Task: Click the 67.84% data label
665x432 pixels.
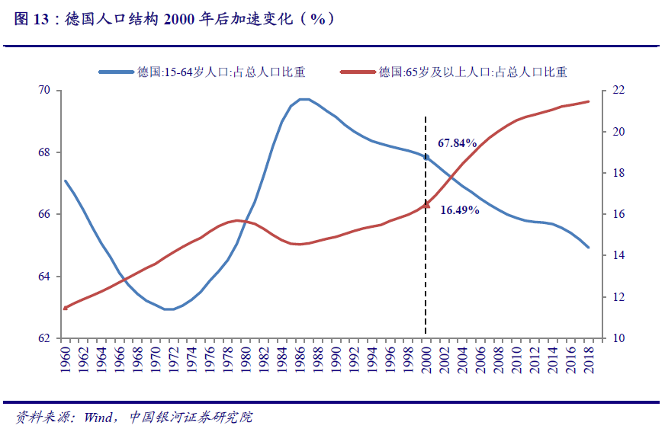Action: pyautogui.click(x=457, y=142)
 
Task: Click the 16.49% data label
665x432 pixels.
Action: pyautogui.click(x=460, y=210)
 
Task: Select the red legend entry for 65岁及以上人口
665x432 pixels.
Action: pyautogui.click(x=474, y=72)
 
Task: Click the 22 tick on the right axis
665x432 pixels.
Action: pyautogui.click(x=618, y=91)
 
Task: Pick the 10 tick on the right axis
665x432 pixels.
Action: pyautogui.click(x=618, y=338)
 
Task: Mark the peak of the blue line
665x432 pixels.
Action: pyautogui.click(x=303, y=99)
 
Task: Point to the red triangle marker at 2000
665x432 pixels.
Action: pyautogui.click(x=426, y=204)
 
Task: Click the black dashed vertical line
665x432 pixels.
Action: pyautogui.click(x=426, y=267)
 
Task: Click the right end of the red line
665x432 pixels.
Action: pyautogui.click(x=588, y=101)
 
